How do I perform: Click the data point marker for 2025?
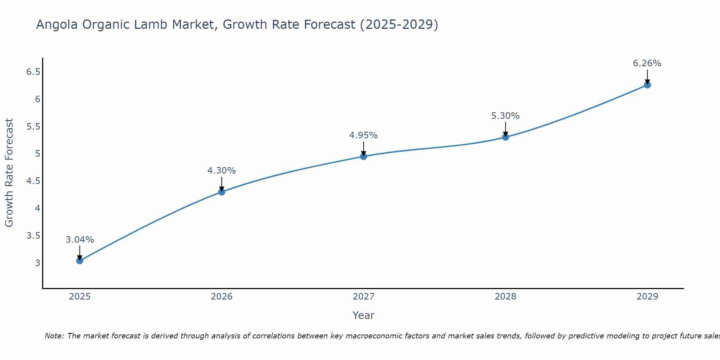tap(80, 261)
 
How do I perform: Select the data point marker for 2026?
tap(222, 192)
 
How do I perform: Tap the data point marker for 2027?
tap(364, 156)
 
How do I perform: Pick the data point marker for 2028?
tap(505, 137)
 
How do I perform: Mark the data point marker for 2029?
tap(647, 85)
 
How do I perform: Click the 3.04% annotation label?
tap(80, 240)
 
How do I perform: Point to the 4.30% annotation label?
tap(222, 171)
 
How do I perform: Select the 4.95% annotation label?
tap(364, 135)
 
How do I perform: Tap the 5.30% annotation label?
tap(505, 116)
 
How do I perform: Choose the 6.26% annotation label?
tap(647, 63)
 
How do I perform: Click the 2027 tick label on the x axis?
tap(364, 297)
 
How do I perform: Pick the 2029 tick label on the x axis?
tap(647, 297)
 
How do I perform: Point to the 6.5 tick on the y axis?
tap(33, 72)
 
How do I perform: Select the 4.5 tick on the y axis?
tap(33, 181)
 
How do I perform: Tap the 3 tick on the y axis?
tap(37, 263)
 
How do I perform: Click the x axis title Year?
tap(364, 315)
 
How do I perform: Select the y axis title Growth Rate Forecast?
tap(9, 173)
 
